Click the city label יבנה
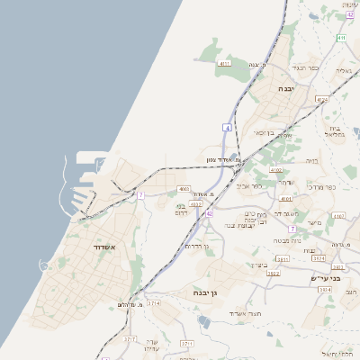point(286,89)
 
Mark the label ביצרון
point(259,265)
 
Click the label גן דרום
point(195,246)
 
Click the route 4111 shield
point(225,64)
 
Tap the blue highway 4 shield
point(228,129)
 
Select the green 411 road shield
point(341,38)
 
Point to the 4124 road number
point(322,100)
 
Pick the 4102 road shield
point(275,170)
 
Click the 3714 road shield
point(154,304)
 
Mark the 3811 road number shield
point(283,259)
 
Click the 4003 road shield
point(184,189)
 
